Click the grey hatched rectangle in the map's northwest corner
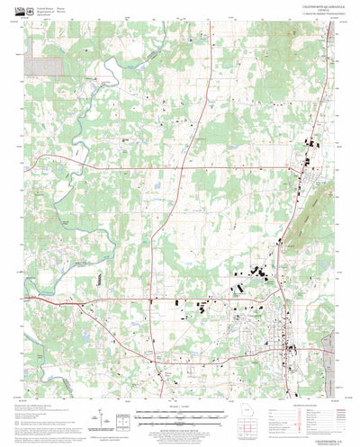39,66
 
